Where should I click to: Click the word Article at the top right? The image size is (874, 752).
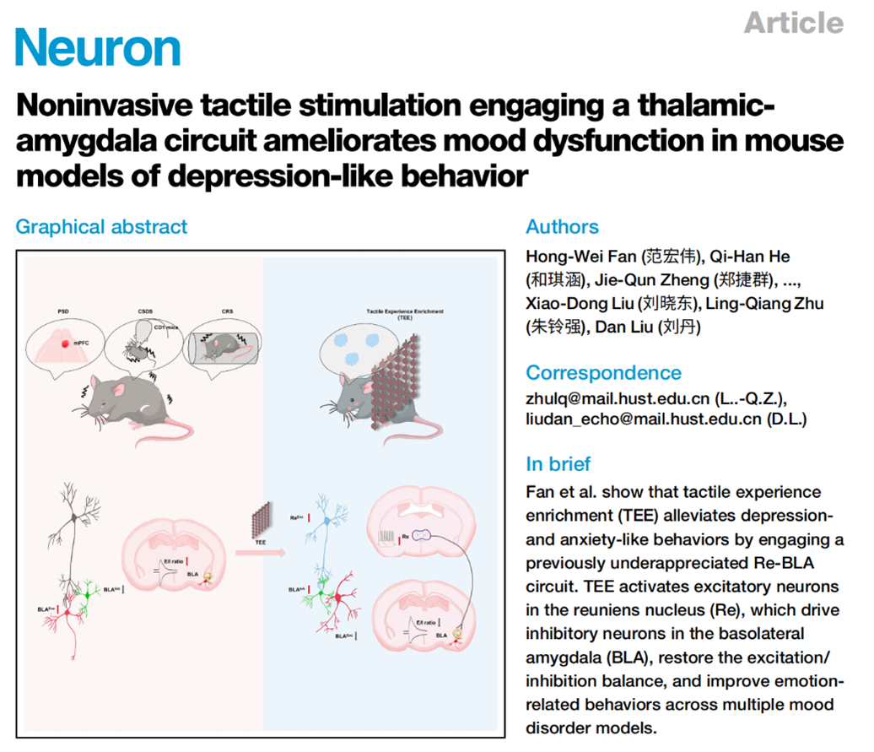(x=793, y=22)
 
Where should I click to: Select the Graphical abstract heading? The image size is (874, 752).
(x=101, y=227)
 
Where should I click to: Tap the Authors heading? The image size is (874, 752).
(x=562, y=227)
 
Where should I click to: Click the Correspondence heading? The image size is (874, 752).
(x=603, y=373)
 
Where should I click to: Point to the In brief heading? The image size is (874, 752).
(x=558, y=464)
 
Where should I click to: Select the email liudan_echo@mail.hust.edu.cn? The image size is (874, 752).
(x=643, y=419)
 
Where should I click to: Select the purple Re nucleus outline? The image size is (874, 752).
(x=421, y=535)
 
